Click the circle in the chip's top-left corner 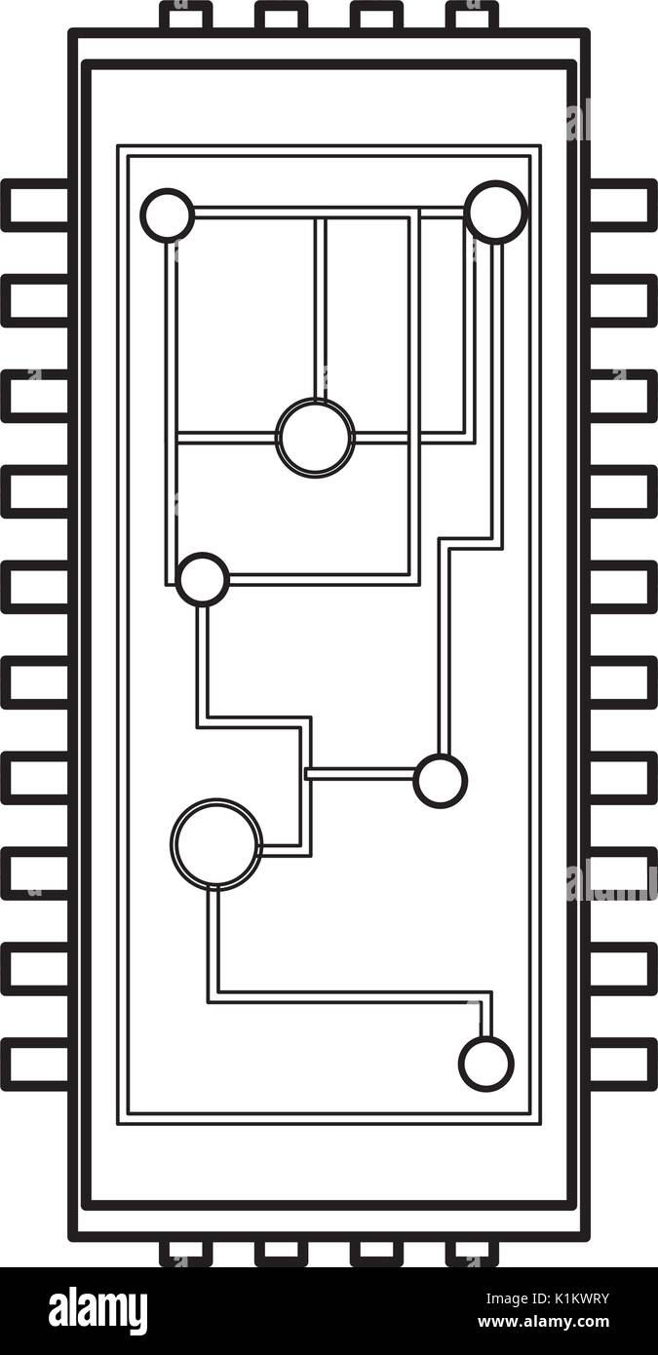168,214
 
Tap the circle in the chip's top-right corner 495,212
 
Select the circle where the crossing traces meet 315,438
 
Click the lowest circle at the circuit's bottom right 485,1064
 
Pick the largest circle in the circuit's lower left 216,843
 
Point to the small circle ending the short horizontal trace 440,781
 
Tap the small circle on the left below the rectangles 203,580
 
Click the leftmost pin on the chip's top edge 185,16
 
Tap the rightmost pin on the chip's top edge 472,16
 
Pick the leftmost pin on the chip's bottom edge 185,1252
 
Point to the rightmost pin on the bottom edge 472,1252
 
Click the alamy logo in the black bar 97,1311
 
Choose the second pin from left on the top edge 281,16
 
